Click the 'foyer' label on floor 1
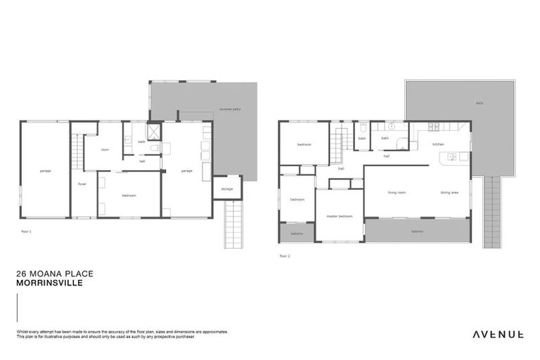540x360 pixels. (x=82, y=184)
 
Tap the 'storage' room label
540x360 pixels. (x=226, y=188)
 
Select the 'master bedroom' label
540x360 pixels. (x=339, y=216)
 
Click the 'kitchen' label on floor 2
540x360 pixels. (x=438, y=144)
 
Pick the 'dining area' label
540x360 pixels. (x=450, y=192)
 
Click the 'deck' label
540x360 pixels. (x=479, y=103)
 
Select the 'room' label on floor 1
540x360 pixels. (x=104, y=149)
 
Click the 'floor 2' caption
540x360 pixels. (x=284, y=255)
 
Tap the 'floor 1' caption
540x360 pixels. (x=26, y=230)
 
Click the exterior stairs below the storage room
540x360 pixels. (x=233, y=225)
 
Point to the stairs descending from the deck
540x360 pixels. (x=491, y=211)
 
